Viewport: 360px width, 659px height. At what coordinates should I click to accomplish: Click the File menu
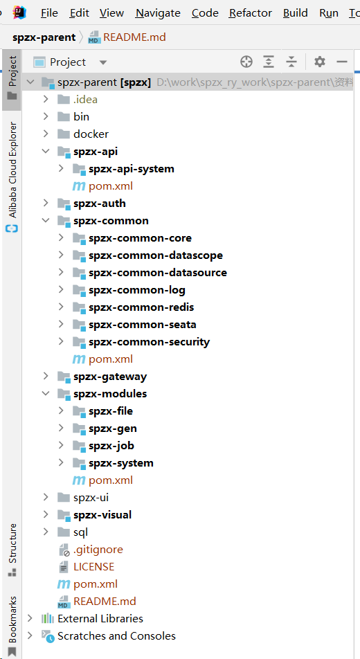click(x=49, y=13)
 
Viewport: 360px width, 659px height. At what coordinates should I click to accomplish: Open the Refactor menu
click(x=250, y=13)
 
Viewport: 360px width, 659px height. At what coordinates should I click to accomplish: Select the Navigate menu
click(x=158, y=13)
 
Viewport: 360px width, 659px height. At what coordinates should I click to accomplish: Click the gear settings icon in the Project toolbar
click(x=320, y=62)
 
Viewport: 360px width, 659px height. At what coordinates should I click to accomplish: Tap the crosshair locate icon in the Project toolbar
click(x=246, y=62)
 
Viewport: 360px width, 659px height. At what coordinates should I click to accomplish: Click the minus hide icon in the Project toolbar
click(x=342, y=62)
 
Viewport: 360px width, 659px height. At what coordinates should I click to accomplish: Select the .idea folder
click(x=85, y=100)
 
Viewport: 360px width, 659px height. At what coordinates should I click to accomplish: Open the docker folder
click(x=91, y=134)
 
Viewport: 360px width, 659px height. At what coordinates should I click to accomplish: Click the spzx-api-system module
click(x=132, y=169)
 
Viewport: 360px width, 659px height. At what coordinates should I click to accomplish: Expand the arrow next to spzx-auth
click(x=46, y=204)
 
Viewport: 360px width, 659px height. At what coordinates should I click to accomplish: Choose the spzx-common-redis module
click(x=141, y=307)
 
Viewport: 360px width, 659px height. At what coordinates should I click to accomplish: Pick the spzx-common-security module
click(x=149, y=342)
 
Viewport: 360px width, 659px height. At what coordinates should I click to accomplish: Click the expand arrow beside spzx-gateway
click(x=46, y=376)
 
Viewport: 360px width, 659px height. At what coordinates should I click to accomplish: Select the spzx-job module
click(x=111, y=446)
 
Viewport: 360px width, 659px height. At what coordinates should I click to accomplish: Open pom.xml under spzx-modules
click(x=111, y=480)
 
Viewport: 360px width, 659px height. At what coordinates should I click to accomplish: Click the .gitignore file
click(x=98, y=550)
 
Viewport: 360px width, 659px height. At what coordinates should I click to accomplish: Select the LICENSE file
click(x=93, y=566)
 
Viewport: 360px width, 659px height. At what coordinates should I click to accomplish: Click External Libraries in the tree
click(x=100, y=619)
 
